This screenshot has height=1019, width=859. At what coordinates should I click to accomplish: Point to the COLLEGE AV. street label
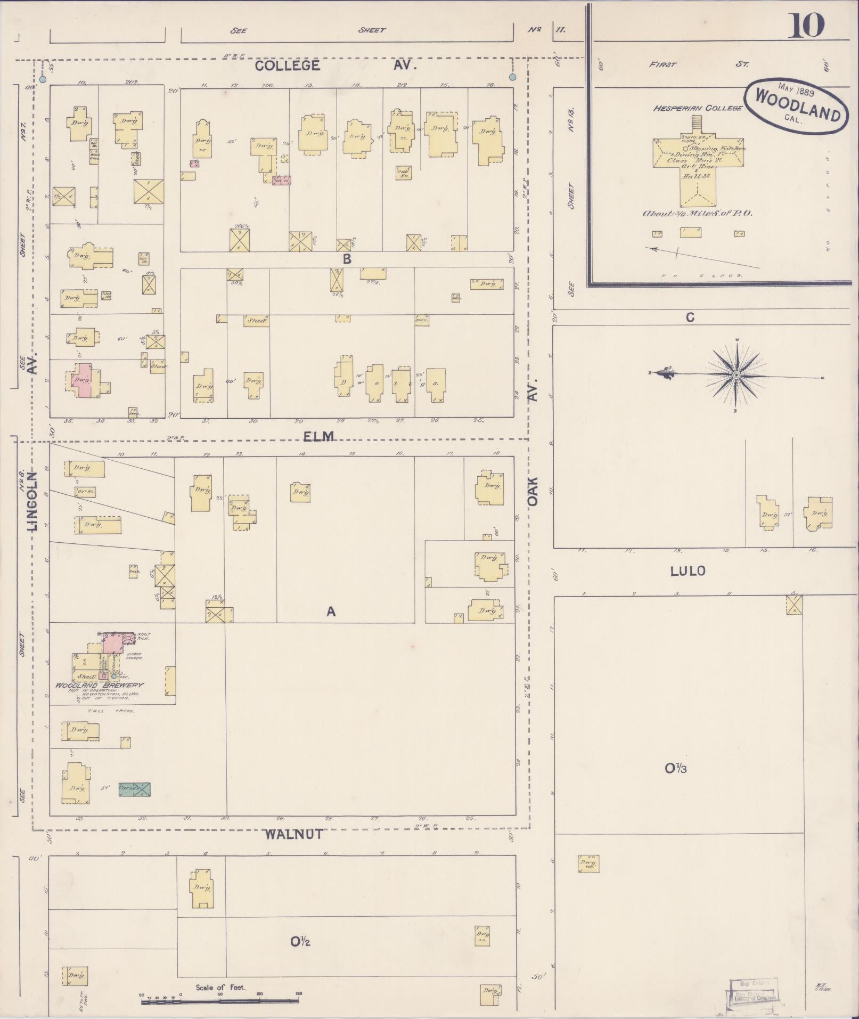[334, 66]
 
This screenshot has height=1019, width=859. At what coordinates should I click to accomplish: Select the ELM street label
[318, 436]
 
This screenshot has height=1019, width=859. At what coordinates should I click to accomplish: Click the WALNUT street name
[294, 834]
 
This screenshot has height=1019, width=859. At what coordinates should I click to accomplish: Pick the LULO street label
[688, 571]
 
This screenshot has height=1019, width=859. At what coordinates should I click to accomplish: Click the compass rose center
[737, 375]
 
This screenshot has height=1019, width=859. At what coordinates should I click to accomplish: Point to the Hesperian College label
[698, 108]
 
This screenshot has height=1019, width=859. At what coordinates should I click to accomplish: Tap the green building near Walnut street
[134, 789]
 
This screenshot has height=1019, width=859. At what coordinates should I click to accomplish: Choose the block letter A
[331, 612]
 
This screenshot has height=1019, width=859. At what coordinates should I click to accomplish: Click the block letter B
[347, 259]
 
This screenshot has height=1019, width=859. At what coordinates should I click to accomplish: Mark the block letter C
[690, 317]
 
